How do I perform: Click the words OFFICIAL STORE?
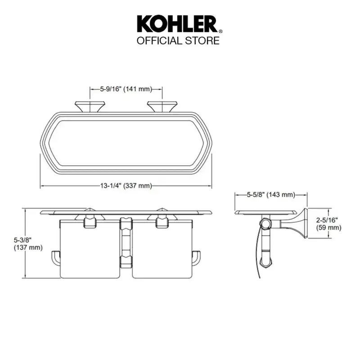tap(178, 40)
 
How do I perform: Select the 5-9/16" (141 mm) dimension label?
tap(126, 89)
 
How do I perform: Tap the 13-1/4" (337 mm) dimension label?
tap(126, 185)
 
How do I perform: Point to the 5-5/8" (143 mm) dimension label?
tap(271, 195)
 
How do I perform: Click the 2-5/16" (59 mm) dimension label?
tap(328, 224)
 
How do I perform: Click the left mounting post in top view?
tap(90, 107)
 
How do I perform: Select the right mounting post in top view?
tap(162, 107)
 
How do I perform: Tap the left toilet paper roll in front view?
tap(90, 249)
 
